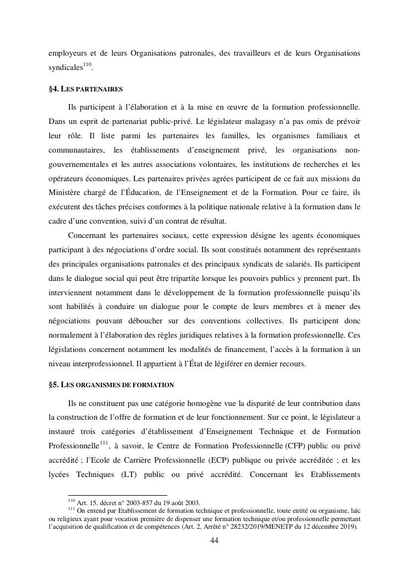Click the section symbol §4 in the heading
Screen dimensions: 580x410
tap(53, 89)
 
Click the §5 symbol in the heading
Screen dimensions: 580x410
tap(53, 384)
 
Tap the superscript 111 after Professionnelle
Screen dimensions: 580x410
tap(103, 443)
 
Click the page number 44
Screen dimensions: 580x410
tap(215, 540)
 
